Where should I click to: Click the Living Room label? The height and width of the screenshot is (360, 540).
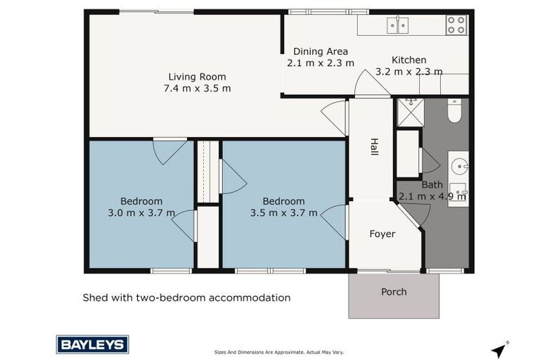pos(197,77)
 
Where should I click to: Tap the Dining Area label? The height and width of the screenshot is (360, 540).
pos(321,51)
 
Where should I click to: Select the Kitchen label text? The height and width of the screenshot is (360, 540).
pos(409,60)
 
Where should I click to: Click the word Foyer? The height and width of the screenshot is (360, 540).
pos(382,233)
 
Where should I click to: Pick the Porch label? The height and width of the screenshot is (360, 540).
pos(394,292)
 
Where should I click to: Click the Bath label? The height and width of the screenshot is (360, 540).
pos(432,185)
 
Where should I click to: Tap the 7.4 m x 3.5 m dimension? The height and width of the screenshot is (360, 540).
pos(197,89)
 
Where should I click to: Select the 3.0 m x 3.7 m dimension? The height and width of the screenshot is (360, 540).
pos(141,213)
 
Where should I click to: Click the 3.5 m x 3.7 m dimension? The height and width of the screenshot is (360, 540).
pos(283,213)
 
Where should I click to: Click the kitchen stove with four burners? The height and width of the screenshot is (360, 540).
pos(456,25)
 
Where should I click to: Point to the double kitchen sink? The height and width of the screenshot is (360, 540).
pos(397,26)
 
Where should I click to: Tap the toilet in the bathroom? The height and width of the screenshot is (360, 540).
pos(454,110)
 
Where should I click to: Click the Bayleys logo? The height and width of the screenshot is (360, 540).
pos(92,344)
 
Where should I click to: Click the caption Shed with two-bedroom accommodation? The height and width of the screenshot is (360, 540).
pos(186,297)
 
